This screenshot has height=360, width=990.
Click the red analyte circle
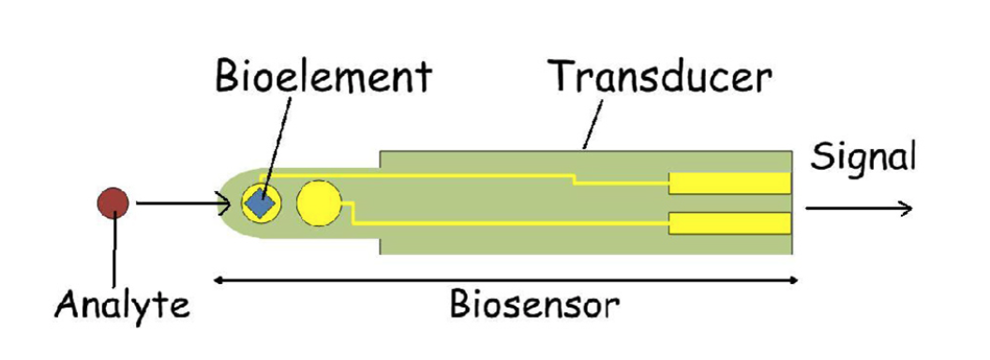coord(114,201)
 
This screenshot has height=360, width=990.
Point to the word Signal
coord(862,157)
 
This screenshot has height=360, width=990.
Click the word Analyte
coord(122,304)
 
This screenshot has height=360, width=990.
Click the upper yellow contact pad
coord(729,183)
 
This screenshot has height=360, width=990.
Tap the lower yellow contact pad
coord(729,223)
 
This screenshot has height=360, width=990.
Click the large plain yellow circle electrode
coord(319,202)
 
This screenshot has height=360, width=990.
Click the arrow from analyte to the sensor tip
coord(183,202)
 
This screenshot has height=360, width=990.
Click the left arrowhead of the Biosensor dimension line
coord(219,279)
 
